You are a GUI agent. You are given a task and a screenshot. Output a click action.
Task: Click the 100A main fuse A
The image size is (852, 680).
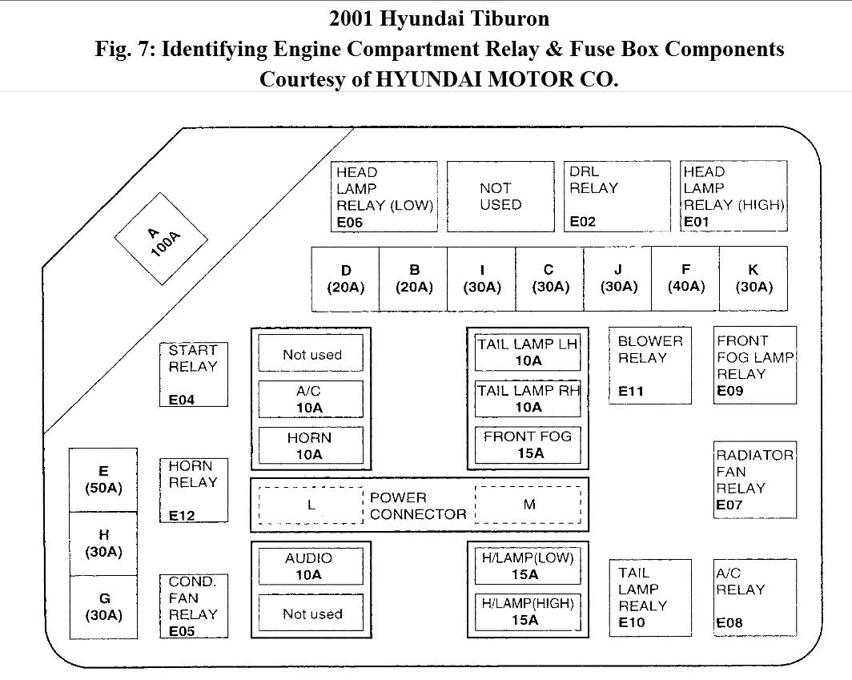click(161, 239)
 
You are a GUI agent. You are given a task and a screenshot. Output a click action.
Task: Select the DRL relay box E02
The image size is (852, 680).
click(617, 196)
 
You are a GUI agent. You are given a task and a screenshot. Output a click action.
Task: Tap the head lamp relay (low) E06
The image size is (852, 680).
click(384, 196)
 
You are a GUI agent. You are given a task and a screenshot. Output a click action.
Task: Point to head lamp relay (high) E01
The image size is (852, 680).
click(733, 196)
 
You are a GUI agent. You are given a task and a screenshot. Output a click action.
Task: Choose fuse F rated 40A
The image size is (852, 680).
click(685, 279)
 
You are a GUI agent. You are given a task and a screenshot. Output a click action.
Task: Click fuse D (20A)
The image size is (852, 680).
click(345, 279)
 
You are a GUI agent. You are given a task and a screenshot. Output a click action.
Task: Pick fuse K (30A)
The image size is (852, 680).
click(753, 279)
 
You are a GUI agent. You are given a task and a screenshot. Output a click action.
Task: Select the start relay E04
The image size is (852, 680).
click(193, 374)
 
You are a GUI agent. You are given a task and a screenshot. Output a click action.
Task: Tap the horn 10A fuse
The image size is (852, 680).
click(310, 446)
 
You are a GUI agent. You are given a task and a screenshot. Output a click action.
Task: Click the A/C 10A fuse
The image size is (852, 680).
click(310, 400)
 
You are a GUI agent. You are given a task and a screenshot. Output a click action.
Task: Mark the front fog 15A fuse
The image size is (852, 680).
click(528, 445)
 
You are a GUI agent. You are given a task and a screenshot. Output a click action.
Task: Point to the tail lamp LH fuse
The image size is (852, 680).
click(528, 352)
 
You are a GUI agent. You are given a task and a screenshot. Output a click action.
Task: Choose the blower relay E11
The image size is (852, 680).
click(649, 365)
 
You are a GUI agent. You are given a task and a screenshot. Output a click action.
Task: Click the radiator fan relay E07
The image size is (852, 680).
click(755, 479)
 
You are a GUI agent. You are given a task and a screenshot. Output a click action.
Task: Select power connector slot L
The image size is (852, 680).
click(311, 505)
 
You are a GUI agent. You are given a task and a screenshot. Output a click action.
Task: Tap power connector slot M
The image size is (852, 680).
click(528, 505)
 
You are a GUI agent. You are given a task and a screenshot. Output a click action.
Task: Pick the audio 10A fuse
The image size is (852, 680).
click(310, 566)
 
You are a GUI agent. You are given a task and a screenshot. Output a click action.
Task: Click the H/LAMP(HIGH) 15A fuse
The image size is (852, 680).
click(528, 612)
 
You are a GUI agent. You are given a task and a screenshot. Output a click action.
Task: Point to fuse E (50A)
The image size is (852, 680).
click(103, 480)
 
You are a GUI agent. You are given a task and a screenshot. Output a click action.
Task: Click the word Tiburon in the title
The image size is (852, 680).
click(513, 18)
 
